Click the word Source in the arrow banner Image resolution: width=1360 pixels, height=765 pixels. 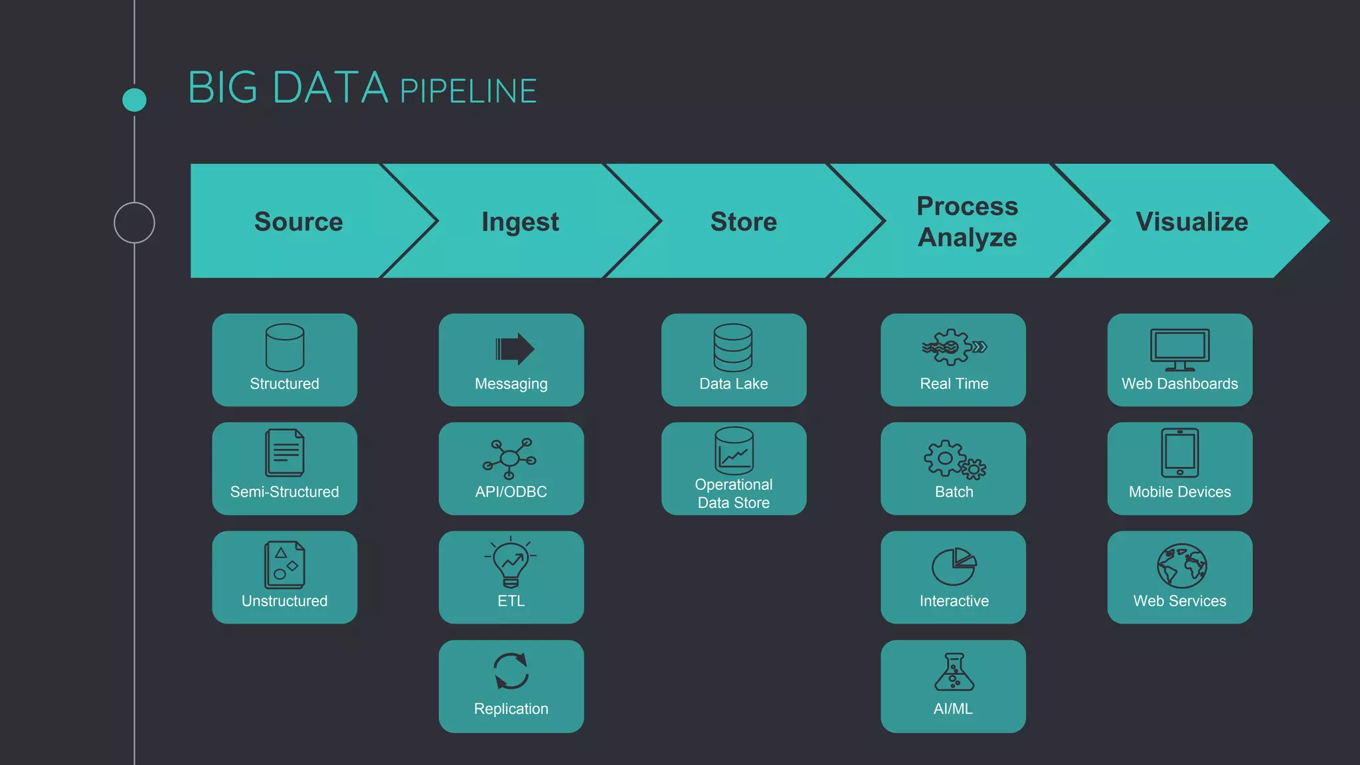click(x=298, y=222)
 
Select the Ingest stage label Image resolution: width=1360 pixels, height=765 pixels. click(x=520, y=222)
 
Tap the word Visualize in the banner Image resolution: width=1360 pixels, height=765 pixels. click(x=1191, y=222)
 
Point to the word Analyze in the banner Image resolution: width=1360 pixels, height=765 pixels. click(x=967, y=238)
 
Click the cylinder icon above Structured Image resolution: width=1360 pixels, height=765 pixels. click(x=284, y=347)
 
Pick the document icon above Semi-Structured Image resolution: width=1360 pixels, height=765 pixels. click(x=284, y=453)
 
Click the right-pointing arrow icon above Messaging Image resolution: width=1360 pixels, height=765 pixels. click(x=514, y=349)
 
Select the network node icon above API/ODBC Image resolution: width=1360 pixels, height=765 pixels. click(x=509, y=458)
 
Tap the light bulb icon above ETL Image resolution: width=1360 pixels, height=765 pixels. click(x=511, y=562)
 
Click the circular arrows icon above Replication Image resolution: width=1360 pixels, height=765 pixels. click(x=511, y=671)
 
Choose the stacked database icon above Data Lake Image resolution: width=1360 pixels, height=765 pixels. click(x=733, y=347)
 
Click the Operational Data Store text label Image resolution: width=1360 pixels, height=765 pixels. click(x=733, y=493)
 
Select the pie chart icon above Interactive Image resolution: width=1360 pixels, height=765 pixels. click(x=954, y=566)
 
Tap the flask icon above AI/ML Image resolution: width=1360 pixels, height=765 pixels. click(x=954, y=671)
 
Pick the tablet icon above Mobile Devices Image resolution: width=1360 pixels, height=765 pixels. click(x=1179, y=453)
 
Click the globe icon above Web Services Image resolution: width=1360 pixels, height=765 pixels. click(x=1181, y=566)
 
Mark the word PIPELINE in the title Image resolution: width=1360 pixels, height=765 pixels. click(x=468, y=92)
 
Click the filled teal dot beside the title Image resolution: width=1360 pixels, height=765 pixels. click(x=134, y=100)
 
